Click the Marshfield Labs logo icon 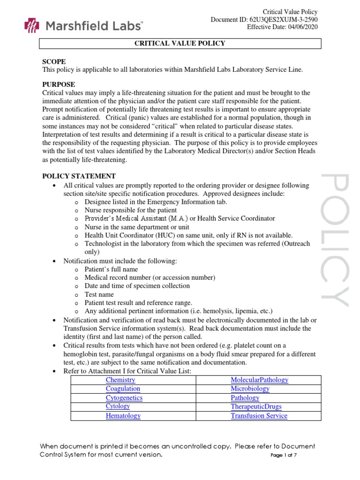coord(31,25)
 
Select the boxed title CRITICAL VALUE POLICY coord(180,44)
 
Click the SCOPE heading coord(54,61)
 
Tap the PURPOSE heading coord(59,84)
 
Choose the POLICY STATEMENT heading coord(79,176)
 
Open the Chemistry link coord(120,380)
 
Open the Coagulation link coord(123,389)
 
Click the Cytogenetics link coord(124,398)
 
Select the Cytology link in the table coord(118,407)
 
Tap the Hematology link coord(123,416)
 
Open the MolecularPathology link coord(259,380)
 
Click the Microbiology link coord(250,389)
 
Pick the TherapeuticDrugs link coord(256,407)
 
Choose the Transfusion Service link coord(259,416)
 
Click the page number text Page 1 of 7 coord(285,455)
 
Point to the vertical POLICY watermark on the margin coord(336,240)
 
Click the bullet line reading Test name coord(99,294)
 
